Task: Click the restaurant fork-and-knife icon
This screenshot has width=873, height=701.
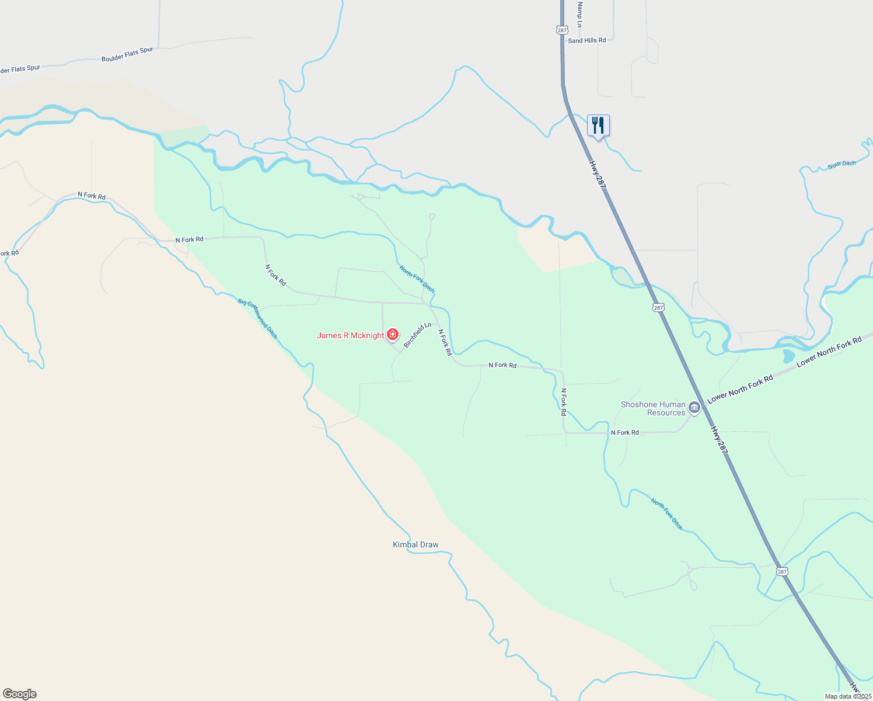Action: pyautogui.click(x=598, y=125)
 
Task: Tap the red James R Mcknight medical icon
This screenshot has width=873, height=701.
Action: pyautogui.click(x=393, y=335)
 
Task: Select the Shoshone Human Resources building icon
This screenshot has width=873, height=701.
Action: pyautogui.click(x=694, y=407)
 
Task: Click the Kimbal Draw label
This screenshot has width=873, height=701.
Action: pyautogui.click(x=415, y=544)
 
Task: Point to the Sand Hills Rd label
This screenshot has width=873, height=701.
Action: pyautogui.click(x=587, y=40)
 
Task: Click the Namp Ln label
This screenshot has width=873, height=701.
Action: pyautogui.click(x=579, y=15)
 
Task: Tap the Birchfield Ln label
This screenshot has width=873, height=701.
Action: pyautogui.click(x=418, y=335)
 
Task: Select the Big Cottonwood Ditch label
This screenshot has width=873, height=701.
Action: pyautogui.click(x=258, y=318)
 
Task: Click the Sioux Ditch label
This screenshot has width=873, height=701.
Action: pyautogui.click(x=841, y=165)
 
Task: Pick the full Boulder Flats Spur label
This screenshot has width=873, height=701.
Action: pyautogui.click(x=127, y=54)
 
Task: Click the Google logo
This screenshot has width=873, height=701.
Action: pyautogui.click(x=20, y=694)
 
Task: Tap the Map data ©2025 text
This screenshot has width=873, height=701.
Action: pyautogui.click(x=848, y=696)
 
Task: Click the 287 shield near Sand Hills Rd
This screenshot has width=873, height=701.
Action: pyautogui.click(x=562, y=29)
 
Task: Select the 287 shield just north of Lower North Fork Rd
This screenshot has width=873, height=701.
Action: pyautogui.click(x=658, y=307)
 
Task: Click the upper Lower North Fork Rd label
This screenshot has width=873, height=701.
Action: pyautogui.click(x=829, y=352)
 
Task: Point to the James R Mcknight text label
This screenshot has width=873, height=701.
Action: pyautogui.click(x=350, y=335)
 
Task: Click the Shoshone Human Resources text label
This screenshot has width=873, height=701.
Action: pyautogui.click(x=653, y=408)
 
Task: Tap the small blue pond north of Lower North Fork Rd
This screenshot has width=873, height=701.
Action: pyautogui.click(x=788, y=356)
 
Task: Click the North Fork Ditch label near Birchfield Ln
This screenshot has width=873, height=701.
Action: pyautogui.click(x=417, y=279)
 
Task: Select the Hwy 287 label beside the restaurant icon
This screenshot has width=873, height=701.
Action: pyautogui.click(x=598, y=175)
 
